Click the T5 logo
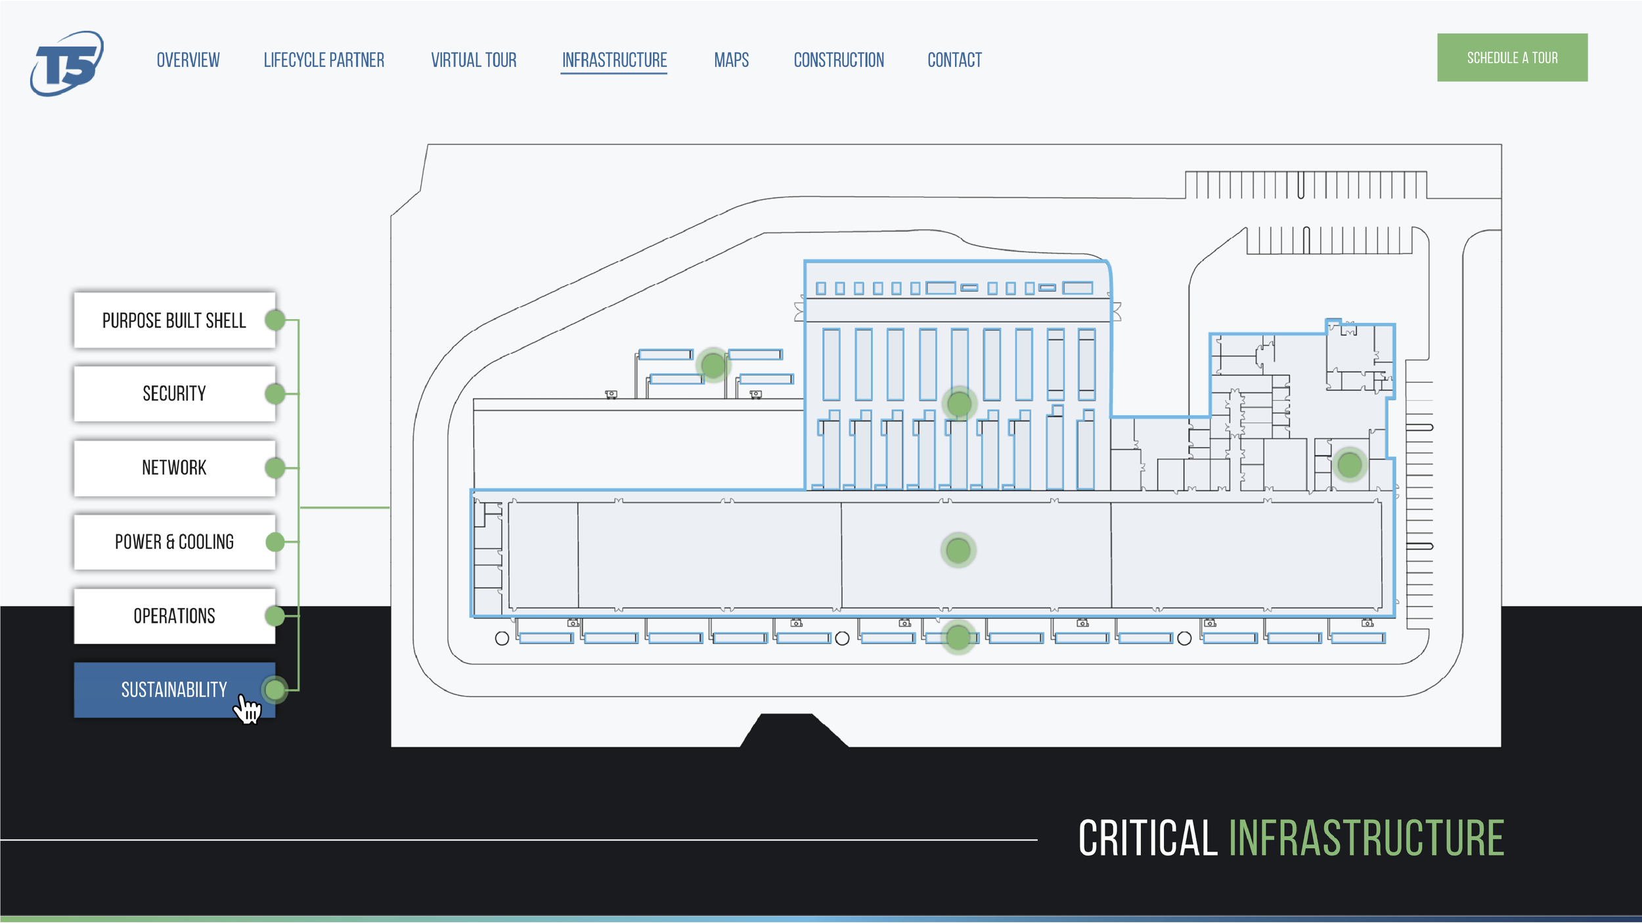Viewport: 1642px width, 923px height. pos(66,63)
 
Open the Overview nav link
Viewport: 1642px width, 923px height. pos(188,60)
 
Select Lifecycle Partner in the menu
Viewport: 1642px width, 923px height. pos(324,60)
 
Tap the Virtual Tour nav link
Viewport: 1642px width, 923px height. pos(474,60)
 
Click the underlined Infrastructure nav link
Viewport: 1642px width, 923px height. pos(614,60)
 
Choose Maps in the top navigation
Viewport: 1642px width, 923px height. pos(731,60)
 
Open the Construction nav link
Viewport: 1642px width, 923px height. pos(839,60)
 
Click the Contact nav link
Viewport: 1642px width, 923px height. pos(954,60)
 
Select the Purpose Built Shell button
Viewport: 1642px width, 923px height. pos(174,320)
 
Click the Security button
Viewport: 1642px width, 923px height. pos(174,394)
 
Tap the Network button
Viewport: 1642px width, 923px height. pos(174,468)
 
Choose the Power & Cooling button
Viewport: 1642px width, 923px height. pos(174,542)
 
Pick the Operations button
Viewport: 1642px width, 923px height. pos(174,616)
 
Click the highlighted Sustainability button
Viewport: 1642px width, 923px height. pos(174,690)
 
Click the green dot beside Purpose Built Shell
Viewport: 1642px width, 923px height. pos(275,320)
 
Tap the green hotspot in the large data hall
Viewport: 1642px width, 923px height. pos(958,550)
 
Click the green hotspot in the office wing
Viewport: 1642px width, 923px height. pos(1349,465)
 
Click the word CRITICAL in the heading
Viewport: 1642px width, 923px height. pos(1147,838)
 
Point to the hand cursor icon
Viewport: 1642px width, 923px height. pos(248,710)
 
